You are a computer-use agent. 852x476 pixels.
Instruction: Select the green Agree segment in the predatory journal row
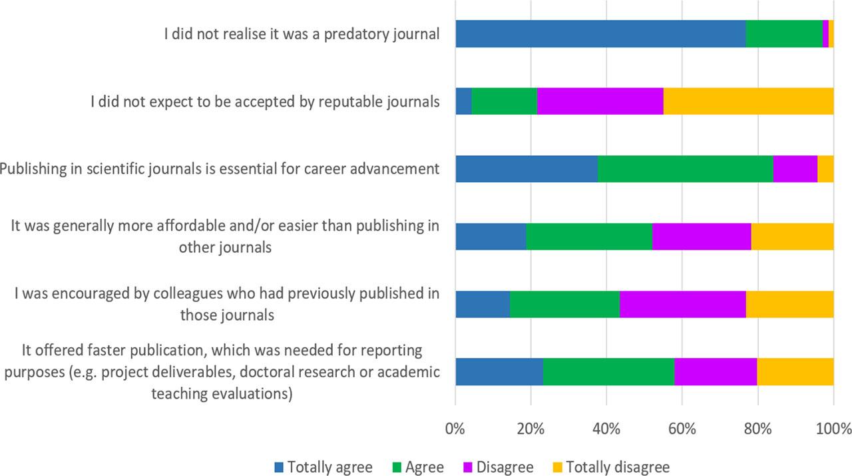point(784,33)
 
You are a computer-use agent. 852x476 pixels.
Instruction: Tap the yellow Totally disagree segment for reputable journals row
point(748,101)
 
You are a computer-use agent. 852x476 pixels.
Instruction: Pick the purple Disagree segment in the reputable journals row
point(600,101)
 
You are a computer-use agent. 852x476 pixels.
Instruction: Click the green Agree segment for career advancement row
point(685,169)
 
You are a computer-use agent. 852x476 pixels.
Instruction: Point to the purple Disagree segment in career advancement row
point(795,169)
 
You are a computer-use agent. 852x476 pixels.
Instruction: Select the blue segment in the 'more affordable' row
point(491,237)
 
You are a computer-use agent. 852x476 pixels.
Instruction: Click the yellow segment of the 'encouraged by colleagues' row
point(789,304)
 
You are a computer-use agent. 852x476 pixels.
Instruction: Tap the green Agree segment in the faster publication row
point(608,371)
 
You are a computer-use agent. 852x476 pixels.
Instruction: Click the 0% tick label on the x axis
point(455,428)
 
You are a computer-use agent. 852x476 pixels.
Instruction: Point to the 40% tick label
point(606,428)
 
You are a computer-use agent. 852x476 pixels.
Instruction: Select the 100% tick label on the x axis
point(833,428)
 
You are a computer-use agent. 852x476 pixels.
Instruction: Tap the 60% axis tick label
point(682,428)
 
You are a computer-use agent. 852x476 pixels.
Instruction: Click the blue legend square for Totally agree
point(279,467)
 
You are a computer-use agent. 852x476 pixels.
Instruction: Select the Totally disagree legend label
point(618,467)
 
